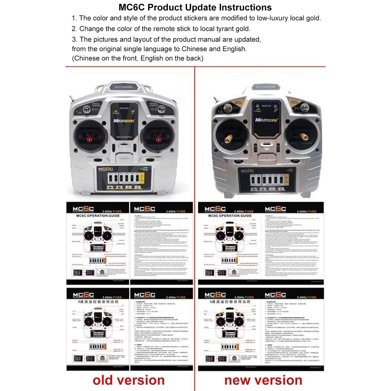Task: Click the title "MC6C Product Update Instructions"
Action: (x=195, y=7)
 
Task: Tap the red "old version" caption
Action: (x=129, y=380)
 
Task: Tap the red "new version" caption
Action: (x=263, y=380)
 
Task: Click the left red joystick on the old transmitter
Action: (x=90, y=139)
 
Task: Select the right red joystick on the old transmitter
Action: (x=158, y=138)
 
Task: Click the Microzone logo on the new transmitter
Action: (x=267, y=120)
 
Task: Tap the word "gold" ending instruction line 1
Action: (x=313, y=18)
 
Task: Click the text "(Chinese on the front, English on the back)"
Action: (x=138, y=58)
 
